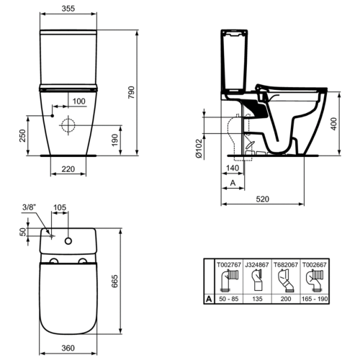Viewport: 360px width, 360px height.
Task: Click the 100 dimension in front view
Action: [x=78, y=101]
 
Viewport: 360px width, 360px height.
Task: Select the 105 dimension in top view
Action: [x=60, y=208]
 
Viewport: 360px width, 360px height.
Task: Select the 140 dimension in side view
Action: [x=232, y=168]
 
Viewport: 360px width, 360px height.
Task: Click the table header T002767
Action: [x=231, y=264]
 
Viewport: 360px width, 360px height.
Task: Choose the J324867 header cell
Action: [x=258, y=264]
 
